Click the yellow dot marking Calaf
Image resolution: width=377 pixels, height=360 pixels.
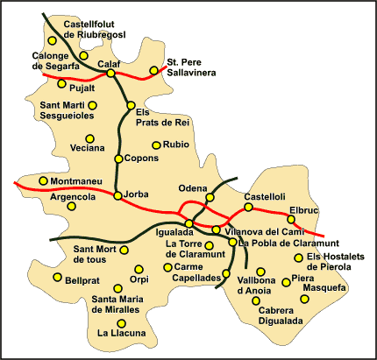point(110,74)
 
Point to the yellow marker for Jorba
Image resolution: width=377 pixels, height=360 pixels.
point(118,195)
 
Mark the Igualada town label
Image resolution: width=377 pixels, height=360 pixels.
point(174,233)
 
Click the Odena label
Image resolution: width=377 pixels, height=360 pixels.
point(193,187)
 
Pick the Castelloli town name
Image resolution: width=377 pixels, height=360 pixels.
point(266,196)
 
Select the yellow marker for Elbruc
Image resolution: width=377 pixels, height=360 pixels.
point(291,220)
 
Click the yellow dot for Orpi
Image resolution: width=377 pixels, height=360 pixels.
point(137,269)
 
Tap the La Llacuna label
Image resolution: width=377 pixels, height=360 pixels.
point(122,333)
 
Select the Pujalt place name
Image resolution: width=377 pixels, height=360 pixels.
point(82,88)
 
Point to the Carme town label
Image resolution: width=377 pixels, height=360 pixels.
point(188,266)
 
